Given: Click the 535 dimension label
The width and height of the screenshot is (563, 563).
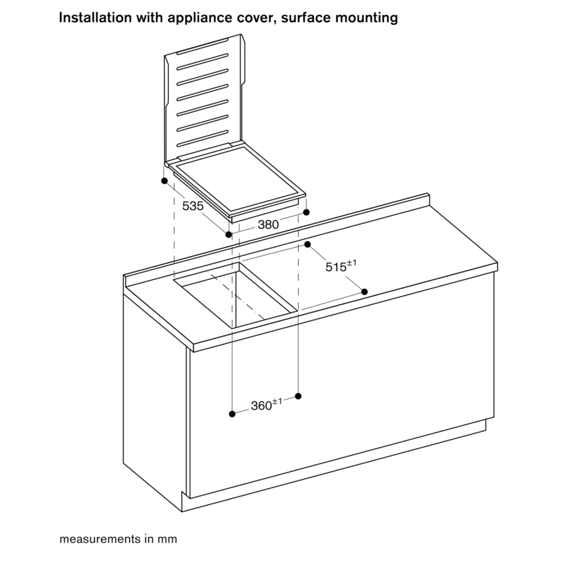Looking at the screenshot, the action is coord(193,206).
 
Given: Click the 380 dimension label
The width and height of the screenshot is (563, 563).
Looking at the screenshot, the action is coord(268,225).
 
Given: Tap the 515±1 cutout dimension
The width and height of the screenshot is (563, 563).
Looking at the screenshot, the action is coord(341,266).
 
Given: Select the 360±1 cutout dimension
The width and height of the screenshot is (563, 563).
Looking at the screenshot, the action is coord(266,405).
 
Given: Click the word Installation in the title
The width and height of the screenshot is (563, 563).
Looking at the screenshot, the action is coord(95,17).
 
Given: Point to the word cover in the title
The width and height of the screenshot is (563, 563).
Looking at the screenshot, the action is coord(256,18).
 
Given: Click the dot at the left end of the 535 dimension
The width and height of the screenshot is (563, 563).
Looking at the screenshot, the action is coord(164,181).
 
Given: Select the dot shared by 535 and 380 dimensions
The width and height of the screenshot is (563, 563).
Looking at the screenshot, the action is coord(229,235).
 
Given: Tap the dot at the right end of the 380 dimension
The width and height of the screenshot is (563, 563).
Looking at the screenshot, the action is coord(306,212).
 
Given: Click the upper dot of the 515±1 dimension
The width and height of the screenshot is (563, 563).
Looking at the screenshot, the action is coord(307,244).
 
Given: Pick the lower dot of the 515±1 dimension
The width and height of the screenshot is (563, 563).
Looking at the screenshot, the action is coord(364,292).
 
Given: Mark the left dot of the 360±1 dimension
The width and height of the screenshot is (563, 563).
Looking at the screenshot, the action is coord(233,414).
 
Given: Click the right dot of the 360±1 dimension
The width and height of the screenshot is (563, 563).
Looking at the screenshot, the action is coord(298,396).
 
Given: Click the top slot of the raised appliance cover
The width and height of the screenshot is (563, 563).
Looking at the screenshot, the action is coord(202,47).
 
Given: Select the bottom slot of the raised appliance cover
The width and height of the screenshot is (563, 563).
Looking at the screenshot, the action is coord(202,138).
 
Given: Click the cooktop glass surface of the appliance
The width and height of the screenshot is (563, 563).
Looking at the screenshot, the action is coord(237,178).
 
